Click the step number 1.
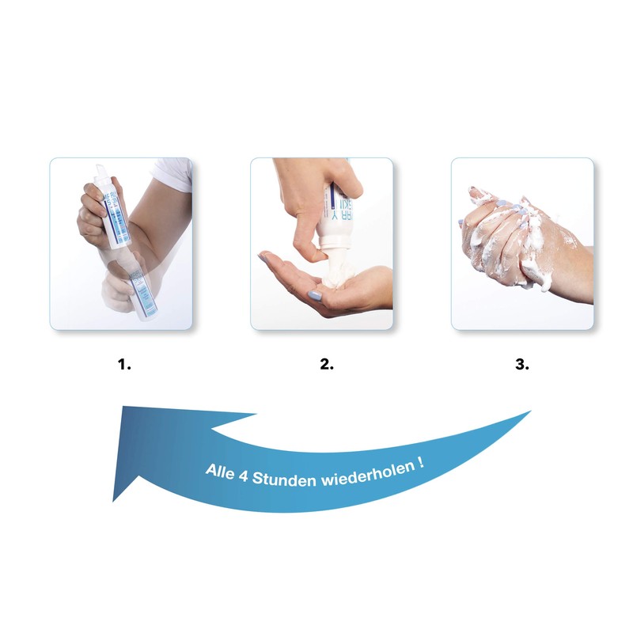(123, 365)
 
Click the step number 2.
(326, 365)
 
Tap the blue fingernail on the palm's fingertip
(264, 257)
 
